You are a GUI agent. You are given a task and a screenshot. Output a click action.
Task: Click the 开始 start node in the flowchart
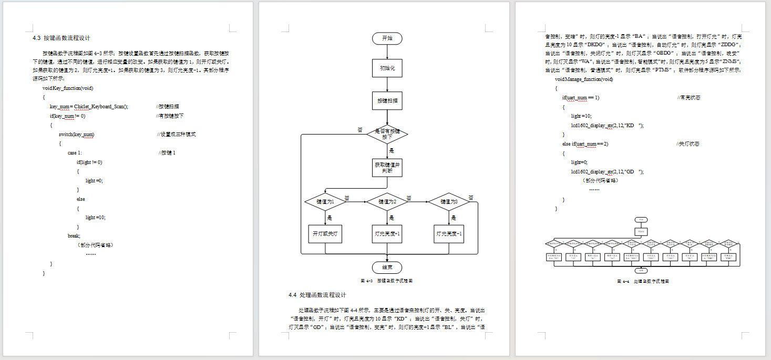tap(387, 38)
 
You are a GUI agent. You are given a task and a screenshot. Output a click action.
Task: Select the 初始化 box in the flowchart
tap(387, 68)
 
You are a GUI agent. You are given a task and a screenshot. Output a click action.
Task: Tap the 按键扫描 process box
tap(387, 100)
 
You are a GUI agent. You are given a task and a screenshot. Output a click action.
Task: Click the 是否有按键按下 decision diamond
tap(387, 134)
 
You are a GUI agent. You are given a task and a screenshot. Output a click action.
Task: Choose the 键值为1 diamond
tap(325, 201)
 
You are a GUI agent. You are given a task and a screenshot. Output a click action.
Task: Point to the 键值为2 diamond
tap(387, 201)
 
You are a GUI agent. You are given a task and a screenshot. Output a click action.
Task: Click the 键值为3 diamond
tap(449, 201)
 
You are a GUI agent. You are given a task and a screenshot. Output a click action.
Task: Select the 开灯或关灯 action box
tap(325, 234)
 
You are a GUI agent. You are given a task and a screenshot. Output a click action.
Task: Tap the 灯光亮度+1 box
tap(387, 234)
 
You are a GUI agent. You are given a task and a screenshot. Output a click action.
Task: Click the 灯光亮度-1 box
tap(449, 234)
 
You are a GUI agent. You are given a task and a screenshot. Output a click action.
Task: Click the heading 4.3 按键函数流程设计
tap(61, 38)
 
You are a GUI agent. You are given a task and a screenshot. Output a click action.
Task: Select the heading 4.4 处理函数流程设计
tap(317, 295)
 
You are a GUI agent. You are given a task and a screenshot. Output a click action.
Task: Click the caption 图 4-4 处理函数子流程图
tap(643, 281)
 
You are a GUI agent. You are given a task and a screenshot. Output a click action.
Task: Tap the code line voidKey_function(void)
tap(68, 88)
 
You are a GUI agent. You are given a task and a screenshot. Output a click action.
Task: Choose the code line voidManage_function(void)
tap(583, 79)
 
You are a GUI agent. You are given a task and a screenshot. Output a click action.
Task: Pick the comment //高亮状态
tap(688, 98)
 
